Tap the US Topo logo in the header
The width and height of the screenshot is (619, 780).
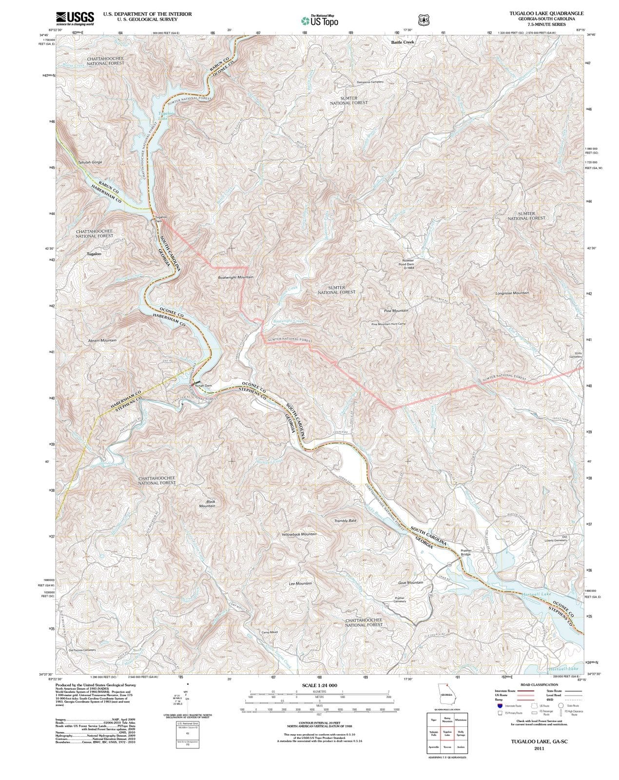[x=319, y=20]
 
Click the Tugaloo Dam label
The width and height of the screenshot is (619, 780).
[x=161, y=219]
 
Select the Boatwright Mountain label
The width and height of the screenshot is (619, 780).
[x=235, y=277]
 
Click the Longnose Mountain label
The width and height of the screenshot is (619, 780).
[x=512, y=293]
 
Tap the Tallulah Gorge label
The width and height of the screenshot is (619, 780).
[x=90, y=162]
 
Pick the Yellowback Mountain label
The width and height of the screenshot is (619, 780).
[x=299, y=534]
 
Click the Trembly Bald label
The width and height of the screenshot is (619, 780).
[x=345, y=521]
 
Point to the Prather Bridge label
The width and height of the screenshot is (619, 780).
[x=466, y=552]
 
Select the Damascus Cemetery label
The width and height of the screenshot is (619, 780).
[x=370, y=82]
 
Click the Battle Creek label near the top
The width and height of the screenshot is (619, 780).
[x=402, y=42]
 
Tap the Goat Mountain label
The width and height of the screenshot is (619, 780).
[x=410, y=582]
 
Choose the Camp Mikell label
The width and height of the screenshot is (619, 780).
[x=270, y=632]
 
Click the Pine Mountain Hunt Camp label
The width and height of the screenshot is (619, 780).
[x=388, y=324]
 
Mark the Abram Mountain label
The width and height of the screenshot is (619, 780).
[x=102, y=340]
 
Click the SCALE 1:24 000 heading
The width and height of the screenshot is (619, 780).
[x=319, y=685]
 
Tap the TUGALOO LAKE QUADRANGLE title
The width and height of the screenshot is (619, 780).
[x=546, y=13]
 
